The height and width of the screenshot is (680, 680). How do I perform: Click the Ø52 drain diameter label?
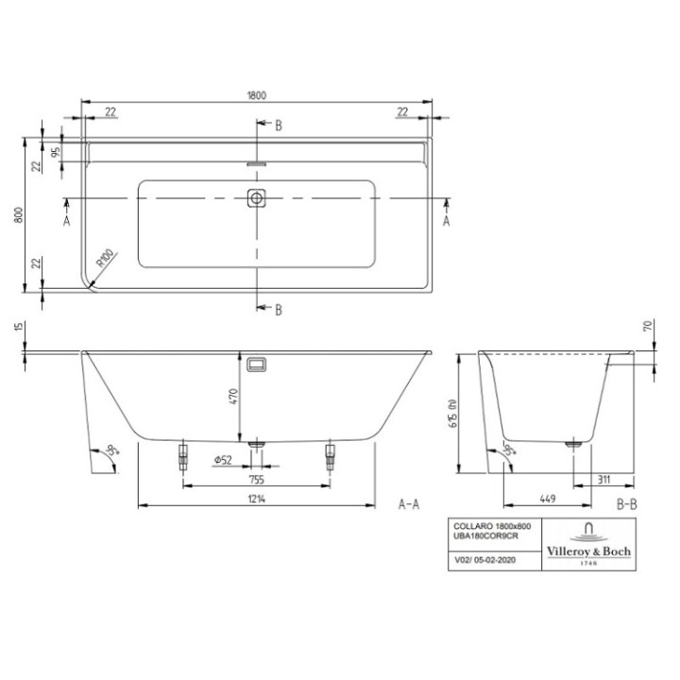[223, 460]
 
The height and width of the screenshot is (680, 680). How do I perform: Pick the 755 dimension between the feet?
[255, 479]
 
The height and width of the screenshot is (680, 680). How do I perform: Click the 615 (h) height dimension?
[455, 416]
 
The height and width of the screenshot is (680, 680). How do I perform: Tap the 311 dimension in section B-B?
[603, 479]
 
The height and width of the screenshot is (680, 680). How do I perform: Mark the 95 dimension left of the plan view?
[56, 151]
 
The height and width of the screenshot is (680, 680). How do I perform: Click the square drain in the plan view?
[256, 199]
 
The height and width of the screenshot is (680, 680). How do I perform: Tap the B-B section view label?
[626, 505]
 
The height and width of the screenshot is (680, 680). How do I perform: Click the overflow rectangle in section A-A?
[256, 365]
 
